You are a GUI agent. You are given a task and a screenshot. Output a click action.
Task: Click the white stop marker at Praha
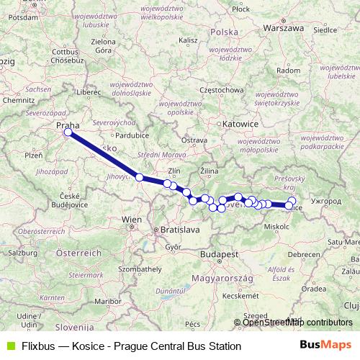click(68, 132)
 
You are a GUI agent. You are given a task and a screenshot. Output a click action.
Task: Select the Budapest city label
click(220, 255)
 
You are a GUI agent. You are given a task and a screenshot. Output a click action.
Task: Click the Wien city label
click(132, 219)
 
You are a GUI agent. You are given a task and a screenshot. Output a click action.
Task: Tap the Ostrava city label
click(194, 140)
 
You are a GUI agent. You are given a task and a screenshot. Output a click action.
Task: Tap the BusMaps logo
click(325, 346)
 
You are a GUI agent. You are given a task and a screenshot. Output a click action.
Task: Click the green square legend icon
click(9, 346)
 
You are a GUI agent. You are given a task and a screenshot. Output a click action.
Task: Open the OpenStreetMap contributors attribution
click(297, 322)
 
